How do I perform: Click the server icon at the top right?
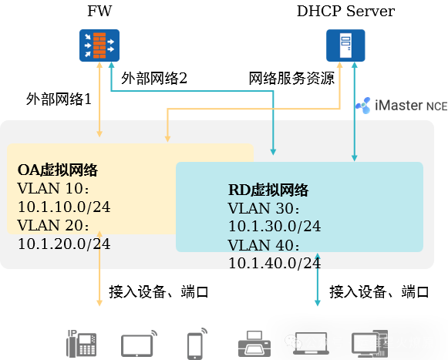(345, 45)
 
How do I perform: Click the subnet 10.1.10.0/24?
(64, 207)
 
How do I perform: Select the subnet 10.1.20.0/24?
(64, 244)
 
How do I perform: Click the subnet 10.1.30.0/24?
(275, 226)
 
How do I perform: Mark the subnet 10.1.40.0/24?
(275, 263)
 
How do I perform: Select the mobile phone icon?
(195, 345)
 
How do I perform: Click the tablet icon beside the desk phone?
(139, 345)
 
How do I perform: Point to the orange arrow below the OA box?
(99, 278)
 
